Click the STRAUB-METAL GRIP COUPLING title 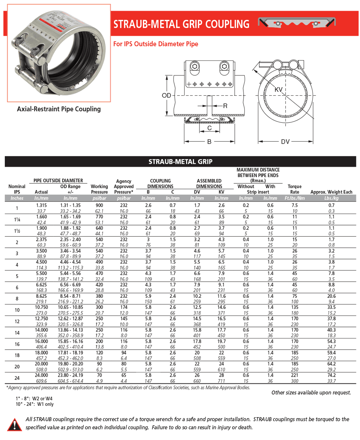click(181, 24)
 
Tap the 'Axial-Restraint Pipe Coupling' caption click(59, 109)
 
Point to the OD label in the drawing click(166, 96)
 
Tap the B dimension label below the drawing click(209, 142)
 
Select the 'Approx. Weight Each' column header click(331, 192)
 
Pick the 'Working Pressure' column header click(100, 189)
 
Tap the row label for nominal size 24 click(17, 378)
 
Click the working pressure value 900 click(100, 205)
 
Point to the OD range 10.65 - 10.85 click(71, 307)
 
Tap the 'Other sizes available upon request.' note click(311, 392)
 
